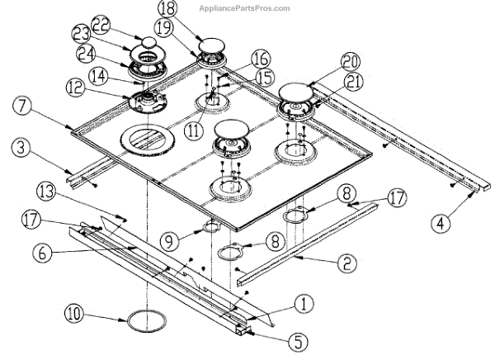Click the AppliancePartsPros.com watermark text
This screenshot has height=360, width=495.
[245, 8]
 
